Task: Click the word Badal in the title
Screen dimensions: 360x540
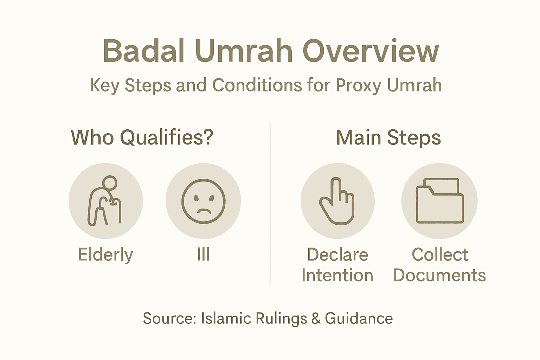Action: click(144, 51)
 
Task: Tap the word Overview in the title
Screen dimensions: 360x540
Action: click(371, 51)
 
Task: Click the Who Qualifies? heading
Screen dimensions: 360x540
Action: click(142, 137)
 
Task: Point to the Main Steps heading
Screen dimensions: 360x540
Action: click(388, 137)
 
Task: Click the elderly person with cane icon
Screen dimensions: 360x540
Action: click(105, 201)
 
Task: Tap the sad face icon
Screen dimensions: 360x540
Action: click(203, 201)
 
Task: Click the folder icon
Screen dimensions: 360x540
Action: click(439, 201)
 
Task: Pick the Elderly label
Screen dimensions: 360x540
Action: click(105, 255)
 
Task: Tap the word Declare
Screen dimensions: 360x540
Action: click(337, 255)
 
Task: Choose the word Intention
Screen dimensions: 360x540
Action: click(337, 275)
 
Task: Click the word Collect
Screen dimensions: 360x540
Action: click(440, 255)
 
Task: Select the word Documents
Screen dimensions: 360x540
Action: click(439, 275)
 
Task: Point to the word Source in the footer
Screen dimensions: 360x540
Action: click(168, 319)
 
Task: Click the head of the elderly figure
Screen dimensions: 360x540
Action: click(110, 183)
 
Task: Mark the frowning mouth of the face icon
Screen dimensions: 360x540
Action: click(203, 211)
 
